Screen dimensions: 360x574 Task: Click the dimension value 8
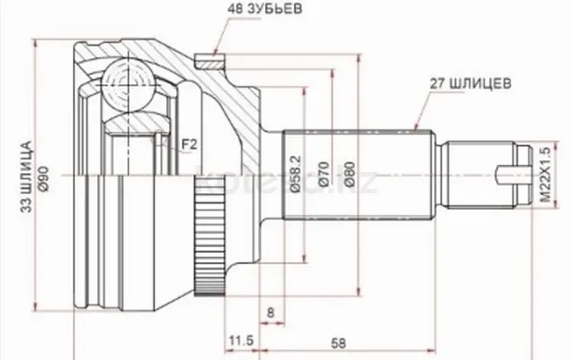pos(270,312)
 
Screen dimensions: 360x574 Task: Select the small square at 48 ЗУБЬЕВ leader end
pos(205,58)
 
